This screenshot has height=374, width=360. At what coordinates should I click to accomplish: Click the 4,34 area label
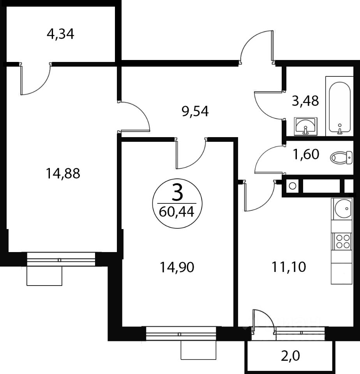60,34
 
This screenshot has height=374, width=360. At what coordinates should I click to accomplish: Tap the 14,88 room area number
63,173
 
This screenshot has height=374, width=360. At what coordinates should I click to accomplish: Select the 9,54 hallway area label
195,111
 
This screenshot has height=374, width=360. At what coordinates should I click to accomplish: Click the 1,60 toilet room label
306,154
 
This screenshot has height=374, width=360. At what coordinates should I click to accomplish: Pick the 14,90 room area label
177,267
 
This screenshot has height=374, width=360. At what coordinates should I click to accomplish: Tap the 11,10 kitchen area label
289,267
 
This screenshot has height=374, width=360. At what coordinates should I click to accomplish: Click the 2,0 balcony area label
290,356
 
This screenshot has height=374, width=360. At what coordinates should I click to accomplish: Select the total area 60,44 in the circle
176,212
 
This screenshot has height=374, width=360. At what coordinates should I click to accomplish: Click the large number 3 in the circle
177,193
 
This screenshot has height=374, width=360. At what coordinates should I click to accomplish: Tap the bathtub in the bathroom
340,106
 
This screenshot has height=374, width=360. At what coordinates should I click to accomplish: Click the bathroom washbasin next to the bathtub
305,126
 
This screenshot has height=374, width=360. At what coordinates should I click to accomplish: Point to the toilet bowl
341,158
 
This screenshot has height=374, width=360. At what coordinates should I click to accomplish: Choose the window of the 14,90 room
181,334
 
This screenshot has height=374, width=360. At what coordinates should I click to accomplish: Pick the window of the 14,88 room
61,259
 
